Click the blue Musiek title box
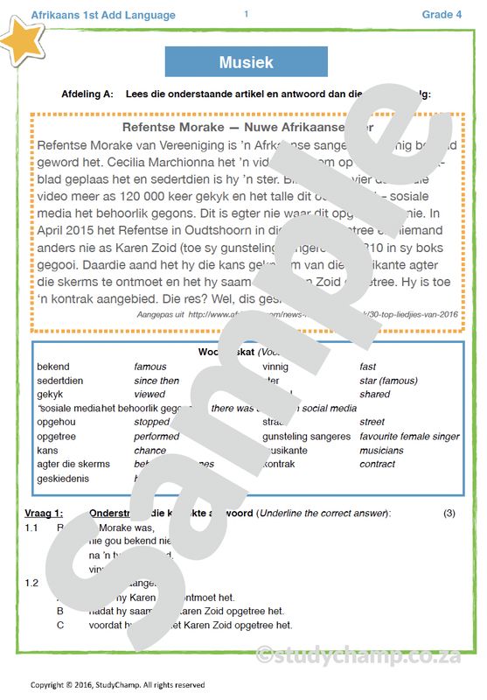tap(246, 62)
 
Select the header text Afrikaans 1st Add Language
tap(102, 15)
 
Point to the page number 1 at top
tap(246, 13)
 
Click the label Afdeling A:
tap(87, 94)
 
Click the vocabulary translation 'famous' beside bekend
tap(150, 367)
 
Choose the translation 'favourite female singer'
tap(409, 437)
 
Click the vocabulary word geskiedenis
tap(63, 479)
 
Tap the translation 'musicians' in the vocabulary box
tap(381, 451)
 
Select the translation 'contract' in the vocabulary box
tap(378, 464)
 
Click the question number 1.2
tap(31, 582)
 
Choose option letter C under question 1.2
tap(60, 625)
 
